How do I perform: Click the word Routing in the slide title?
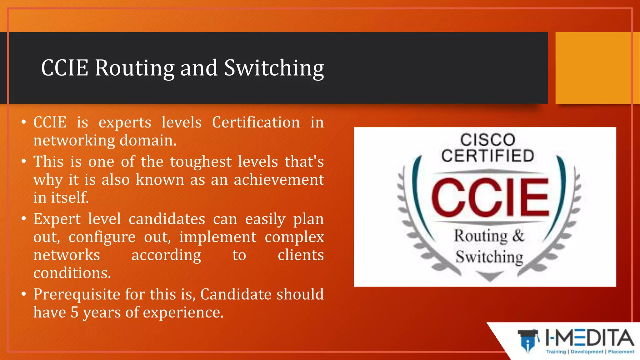(134, 68)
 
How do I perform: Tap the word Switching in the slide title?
(274, 68)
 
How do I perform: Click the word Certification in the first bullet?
(256, 122)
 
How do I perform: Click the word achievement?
(279, 180)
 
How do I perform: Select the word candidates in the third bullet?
(167, 219)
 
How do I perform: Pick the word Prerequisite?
(77, 294)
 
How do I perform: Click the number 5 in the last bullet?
(74, 312)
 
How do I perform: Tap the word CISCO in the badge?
(487, 140)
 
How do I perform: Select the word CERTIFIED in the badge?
(487, 156)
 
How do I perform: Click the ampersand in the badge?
(518, 235)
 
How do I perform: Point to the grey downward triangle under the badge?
(490, 276)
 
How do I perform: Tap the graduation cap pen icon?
(528, 340)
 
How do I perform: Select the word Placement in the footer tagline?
(621, 352)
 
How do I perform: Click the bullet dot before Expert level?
(24, 219)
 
